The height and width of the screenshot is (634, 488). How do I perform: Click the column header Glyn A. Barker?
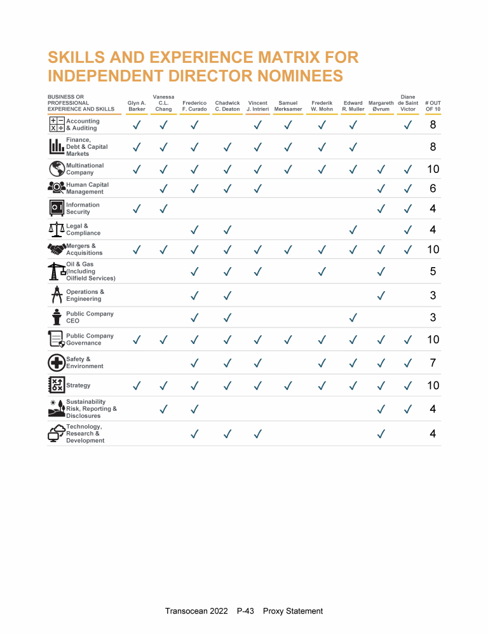tap(137, 106)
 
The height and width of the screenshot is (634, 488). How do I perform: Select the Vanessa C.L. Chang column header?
tap(163, 102)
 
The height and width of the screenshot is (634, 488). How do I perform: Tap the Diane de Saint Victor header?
tap(408, 102)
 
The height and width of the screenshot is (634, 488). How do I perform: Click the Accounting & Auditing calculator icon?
tap(57, 125)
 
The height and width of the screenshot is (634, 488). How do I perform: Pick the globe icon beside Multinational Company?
tap(57, 169)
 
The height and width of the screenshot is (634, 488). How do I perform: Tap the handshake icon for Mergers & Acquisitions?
tap(57, 249)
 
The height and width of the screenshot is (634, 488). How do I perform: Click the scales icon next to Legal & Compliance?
tap(57, 230)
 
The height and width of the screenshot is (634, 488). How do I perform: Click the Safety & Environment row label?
tap(85, 362)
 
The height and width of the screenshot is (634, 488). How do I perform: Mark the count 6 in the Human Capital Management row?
tap(433, 189)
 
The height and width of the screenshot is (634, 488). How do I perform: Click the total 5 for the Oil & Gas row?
tap(433, 272)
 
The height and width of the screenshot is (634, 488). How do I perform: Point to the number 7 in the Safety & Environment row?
tap(433, 363)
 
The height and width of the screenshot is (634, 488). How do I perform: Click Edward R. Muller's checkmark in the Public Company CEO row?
tap(353, 317)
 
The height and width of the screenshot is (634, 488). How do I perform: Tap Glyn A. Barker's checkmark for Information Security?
tap(137, 209)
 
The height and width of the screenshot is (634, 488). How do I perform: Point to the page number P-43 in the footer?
tap(245, 611)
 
